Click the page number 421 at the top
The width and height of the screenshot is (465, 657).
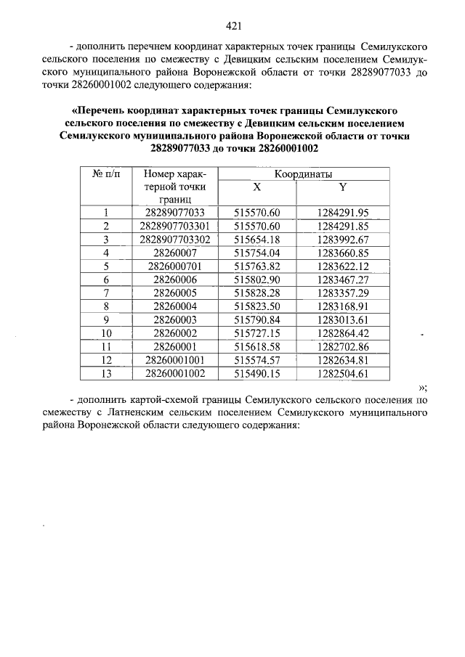tap(233, 26)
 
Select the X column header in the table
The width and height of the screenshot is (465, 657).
tap(256, 187)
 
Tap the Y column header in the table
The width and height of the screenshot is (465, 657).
tap(343, 187)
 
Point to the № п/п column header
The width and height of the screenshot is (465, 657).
tap(105, 174)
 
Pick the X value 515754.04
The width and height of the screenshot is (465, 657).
tap(256, 253)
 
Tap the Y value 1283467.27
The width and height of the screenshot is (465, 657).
tap(343, 279)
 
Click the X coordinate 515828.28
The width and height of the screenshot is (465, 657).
tap(256, 293)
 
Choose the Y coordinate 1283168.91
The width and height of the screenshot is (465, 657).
tap(343, 306)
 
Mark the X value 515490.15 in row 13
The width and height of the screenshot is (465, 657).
tap(256, 374)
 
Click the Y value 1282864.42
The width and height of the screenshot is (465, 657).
tap(343, 333)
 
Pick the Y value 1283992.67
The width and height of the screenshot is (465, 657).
tap(343, 240)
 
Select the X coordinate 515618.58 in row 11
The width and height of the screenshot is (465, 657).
tap(256, 347)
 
